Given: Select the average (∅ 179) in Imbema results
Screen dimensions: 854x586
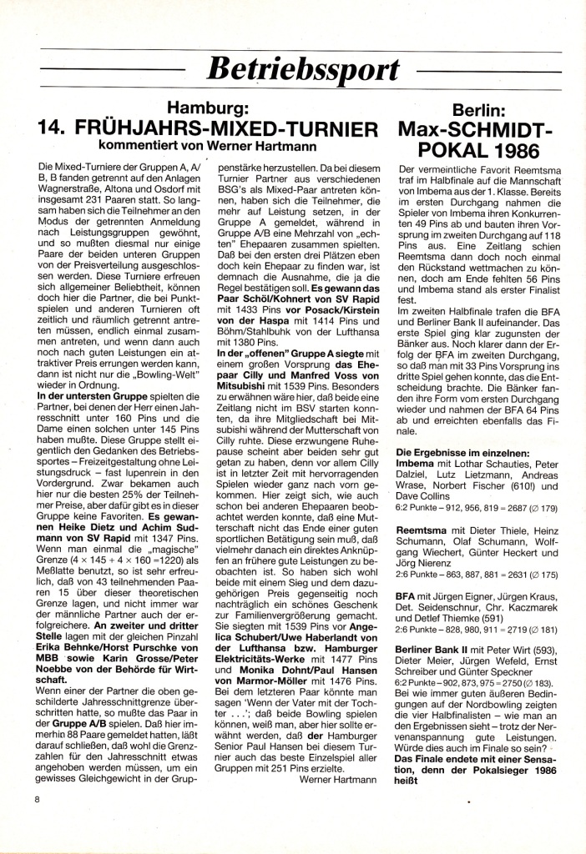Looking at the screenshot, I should pyautogui.click(x=545, y=508).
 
